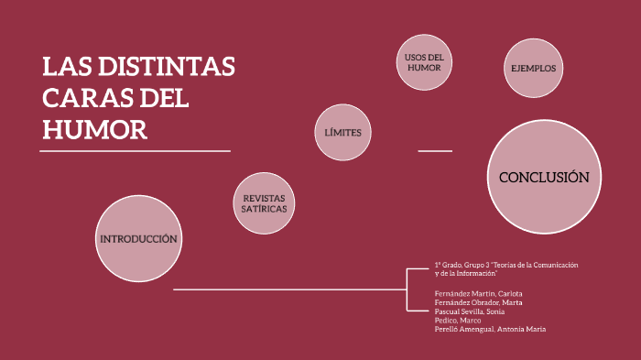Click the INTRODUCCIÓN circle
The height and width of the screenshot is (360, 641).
tap(137, 239)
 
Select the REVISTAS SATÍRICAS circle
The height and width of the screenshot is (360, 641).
tap(265, 203)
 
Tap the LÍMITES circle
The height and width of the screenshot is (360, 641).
tap(342, 133)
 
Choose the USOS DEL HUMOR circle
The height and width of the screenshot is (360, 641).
tap(424, 63)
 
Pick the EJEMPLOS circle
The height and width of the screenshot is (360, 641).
tap(533, 68)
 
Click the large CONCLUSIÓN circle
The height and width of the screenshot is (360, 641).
tap(543, 177)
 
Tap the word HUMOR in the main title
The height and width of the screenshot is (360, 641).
tap(94, 130)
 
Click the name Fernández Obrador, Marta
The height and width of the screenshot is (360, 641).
tap(479, 302)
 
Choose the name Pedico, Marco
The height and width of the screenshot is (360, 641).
tap(459, 320)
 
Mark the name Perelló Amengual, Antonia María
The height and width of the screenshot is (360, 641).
tap(490, 329)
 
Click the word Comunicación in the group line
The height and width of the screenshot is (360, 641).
tap(558, 265)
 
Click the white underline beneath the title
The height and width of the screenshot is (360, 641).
tap(136, 150)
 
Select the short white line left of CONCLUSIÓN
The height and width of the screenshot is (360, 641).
tap(435, 150)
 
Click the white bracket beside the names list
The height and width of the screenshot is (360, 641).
tap(407, 289)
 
